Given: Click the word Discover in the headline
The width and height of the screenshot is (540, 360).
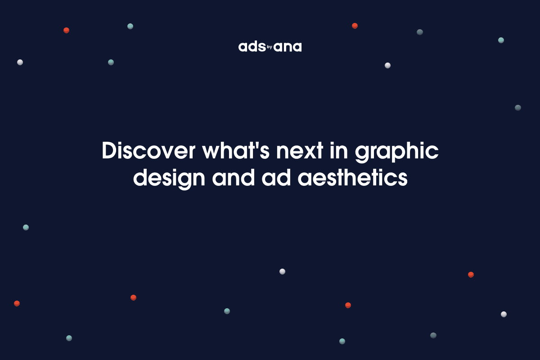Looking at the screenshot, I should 148,151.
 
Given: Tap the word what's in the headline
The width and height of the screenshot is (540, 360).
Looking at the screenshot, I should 235,151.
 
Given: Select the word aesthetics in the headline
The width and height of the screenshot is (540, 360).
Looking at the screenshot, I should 352,177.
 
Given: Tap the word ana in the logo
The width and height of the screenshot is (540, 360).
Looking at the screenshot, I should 288,47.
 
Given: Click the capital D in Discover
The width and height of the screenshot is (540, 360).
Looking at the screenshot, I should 109,151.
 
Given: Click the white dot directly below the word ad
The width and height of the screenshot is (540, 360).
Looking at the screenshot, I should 282,271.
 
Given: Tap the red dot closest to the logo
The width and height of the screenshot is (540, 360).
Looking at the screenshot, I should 355,26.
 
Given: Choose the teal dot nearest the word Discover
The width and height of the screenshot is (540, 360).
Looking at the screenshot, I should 111,62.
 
